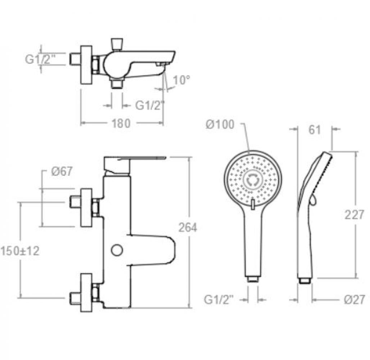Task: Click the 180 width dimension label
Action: point(121,123)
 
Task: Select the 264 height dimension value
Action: point(188,228)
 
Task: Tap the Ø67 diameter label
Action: point(61,172)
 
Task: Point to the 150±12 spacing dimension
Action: point(20,251)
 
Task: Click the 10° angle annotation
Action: point(181,80)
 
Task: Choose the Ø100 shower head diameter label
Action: point(220,125)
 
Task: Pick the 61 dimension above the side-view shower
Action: point(315,130)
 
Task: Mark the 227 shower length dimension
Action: point(355,215)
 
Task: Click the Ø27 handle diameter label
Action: point(354,300)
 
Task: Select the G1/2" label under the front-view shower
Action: point(219,300)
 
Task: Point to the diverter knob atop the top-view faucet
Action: point(116,44)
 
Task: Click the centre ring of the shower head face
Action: point(253,179)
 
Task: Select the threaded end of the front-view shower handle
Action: point(253,279)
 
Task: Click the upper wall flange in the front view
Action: point(86,208)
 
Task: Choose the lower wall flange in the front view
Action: point(86,293)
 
